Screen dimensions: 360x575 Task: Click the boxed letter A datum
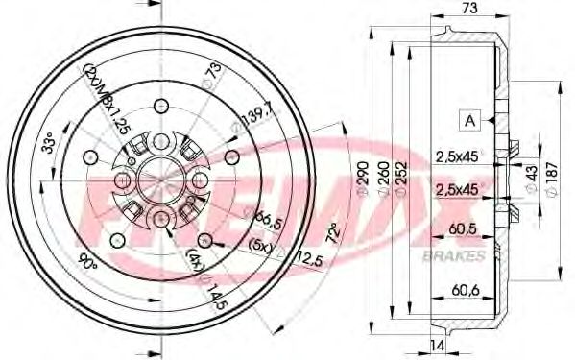[470, 120]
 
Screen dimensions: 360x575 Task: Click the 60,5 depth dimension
[464, 229]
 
